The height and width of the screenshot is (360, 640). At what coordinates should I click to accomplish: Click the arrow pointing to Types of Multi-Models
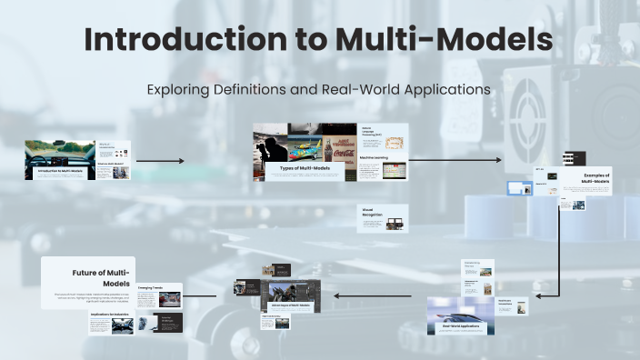coord(160,161)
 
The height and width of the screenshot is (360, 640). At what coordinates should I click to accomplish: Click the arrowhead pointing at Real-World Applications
coord(538,295)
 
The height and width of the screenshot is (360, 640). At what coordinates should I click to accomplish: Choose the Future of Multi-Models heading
coord(102,277)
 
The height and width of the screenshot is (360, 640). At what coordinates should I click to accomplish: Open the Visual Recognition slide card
coord(383,218)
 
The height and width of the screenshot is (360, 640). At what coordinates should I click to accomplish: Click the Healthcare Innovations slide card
coord(513,307)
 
